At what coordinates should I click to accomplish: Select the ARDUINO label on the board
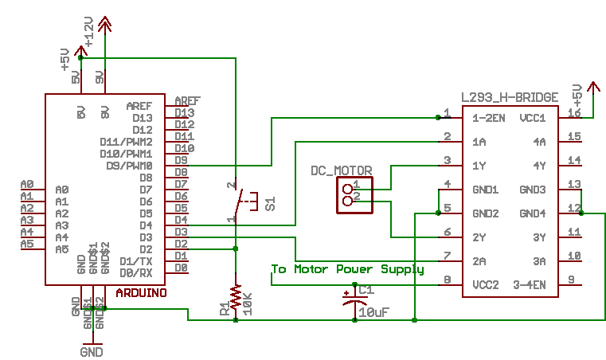click(x=142, y=293)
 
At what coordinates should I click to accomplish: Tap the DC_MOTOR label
click(x=342, y=171)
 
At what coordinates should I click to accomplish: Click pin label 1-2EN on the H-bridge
click(x=488, y=118)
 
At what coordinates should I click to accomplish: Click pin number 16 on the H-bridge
click(x=574, y=114)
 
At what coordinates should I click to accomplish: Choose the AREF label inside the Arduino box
click(x=139, y=106)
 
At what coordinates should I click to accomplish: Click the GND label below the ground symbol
click(x=92, y=351)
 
